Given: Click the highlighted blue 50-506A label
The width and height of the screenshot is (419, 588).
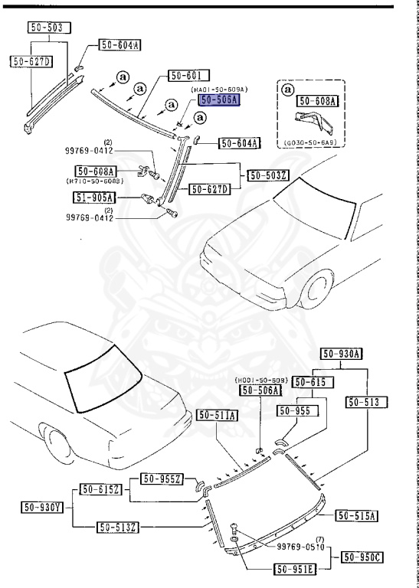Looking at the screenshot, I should (x=219, y=100).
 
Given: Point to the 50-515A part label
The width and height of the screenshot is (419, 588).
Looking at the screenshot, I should (x=357, y=515).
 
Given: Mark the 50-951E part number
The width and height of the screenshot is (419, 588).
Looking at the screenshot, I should (x=296, y=569).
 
